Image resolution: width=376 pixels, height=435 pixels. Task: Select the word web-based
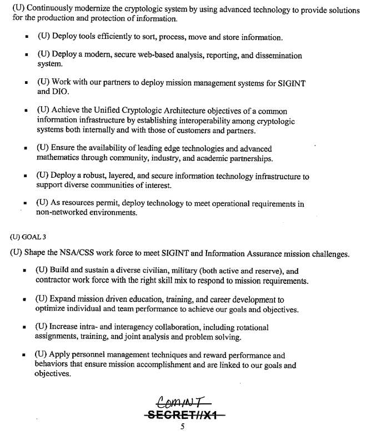tap(155, 56)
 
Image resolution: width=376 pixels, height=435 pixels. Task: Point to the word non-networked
tap(63, 212)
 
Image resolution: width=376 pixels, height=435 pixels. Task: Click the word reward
tap(219, 356)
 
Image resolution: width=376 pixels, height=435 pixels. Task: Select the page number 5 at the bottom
tap(182, 427)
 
